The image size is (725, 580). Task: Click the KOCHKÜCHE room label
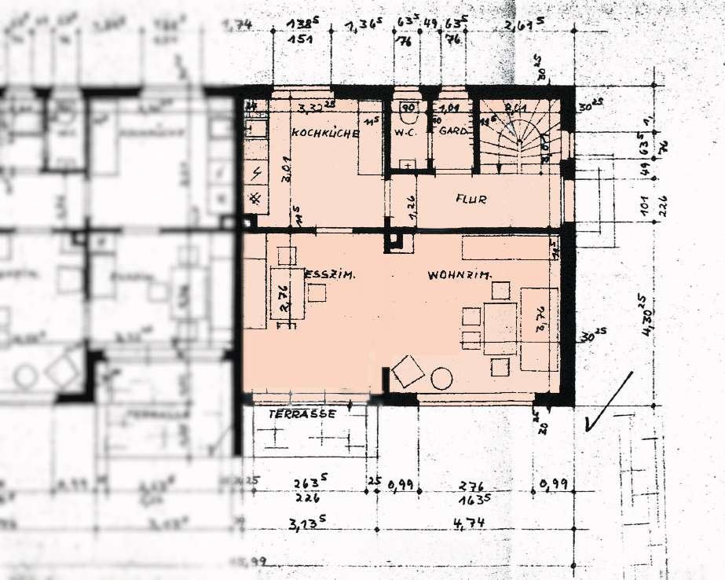[x=325, y=134]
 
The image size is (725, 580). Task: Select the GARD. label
[x=454, y=131]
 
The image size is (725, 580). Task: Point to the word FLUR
[x=471, y=200]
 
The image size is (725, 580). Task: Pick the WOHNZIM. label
[x=460, y=276]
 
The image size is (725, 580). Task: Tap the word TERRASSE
[x=302, y=413]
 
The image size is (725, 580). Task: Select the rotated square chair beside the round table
[x=408, y=371]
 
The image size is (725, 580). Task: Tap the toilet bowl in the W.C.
[x=408, y=108]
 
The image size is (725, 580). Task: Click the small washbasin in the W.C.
[x=408, y=164]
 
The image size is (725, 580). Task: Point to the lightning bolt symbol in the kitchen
[x=257, y=172]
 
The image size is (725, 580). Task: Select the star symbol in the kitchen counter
[x=255, y=199]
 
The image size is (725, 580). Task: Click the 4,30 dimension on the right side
[x=642, y=315]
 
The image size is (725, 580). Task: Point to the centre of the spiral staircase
[x=518, y=141]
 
